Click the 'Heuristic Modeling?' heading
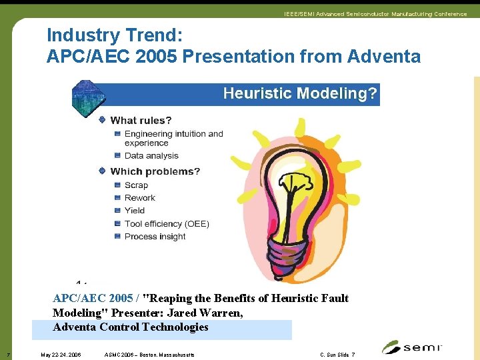point(300,94)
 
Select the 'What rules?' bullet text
point(141,121)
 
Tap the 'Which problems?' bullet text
point(155,171)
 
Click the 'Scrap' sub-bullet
point(136,185)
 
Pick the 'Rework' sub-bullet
point(139,198)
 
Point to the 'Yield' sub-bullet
point(134,211)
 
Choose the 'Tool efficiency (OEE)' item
point(166,224)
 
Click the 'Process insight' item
point(159,237)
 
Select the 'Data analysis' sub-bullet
point(151,156)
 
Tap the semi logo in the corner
point(411,347)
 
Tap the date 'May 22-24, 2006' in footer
point(61,355)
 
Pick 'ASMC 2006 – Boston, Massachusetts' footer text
point(150,355)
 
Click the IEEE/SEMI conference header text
point(375,14)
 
